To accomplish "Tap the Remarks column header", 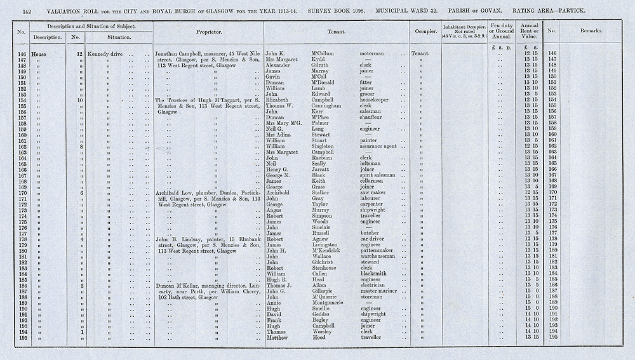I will pyautogui.click(x=591, y=31).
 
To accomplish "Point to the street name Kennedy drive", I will pyautogui.click(x=105, y=53).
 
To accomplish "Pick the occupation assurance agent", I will pyautogui.click(x=379, y=146).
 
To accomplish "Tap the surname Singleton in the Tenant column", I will pyautogui.click(x=326, y=146).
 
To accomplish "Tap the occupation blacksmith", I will pyautogui.click(x=375, y=274).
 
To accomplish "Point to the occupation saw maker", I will pyautogui.click(x=374, y=192).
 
